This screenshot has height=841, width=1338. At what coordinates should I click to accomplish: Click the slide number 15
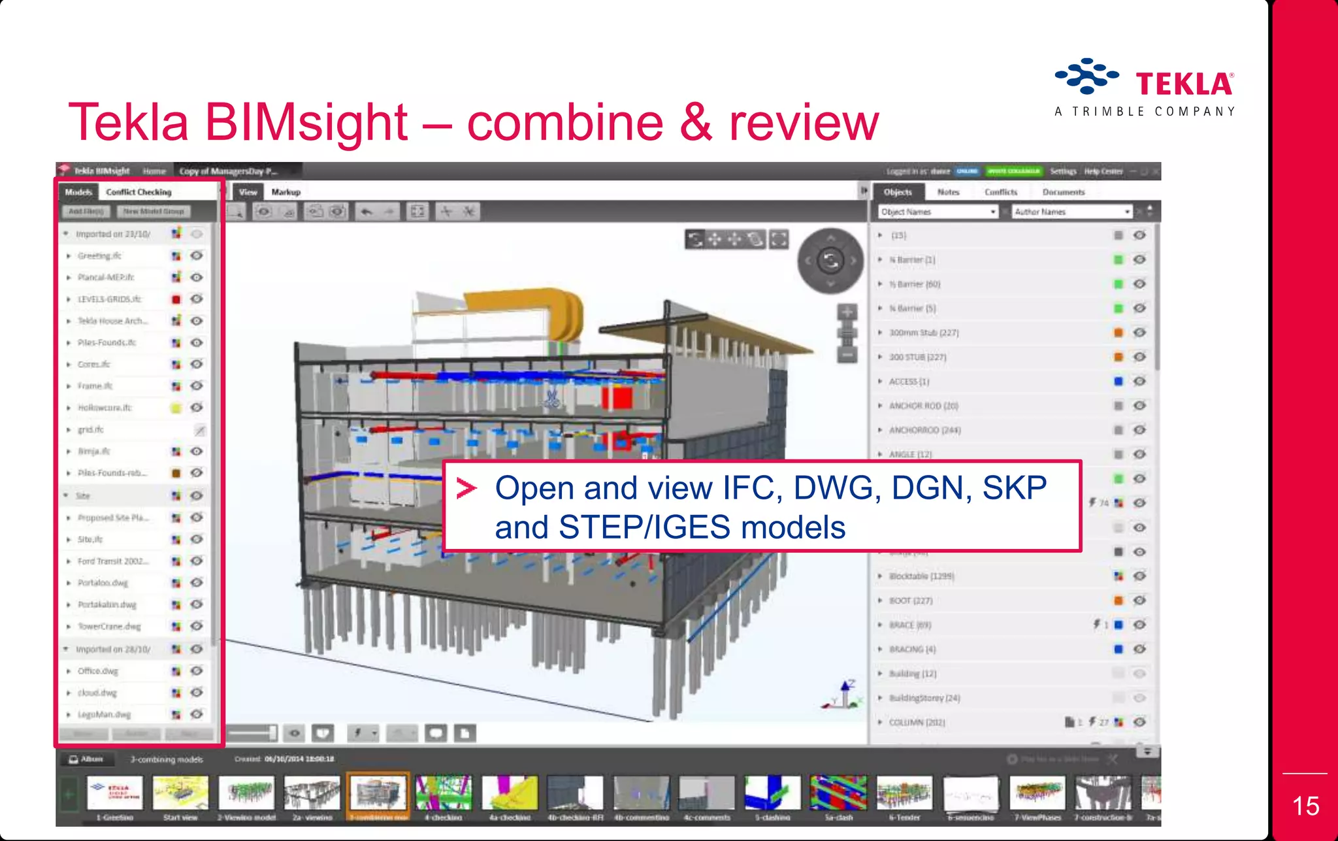[1305, 806]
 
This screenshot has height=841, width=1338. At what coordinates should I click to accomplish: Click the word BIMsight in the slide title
[306, 122]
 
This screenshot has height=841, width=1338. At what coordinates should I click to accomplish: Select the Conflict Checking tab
[139, 192]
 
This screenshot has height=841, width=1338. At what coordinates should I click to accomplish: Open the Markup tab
[286, 192]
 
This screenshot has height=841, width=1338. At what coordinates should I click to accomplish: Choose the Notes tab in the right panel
[948, 192]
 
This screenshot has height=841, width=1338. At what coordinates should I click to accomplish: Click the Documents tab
[1063, 192]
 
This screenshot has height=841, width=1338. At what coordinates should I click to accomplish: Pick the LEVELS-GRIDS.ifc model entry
[109, 299]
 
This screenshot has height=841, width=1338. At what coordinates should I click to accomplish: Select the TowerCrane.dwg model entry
[109, 627]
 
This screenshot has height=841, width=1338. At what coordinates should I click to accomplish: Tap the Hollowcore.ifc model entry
[105, 408]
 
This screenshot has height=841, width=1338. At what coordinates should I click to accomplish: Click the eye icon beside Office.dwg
[197, 671]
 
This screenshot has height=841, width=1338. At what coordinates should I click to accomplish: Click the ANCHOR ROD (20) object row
[923, 406]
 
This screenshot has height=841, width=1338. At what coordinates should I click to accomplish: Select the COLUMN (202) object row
[917, 723]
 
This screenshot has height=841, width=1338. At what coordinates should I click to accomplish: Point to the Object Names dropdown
[938, 212]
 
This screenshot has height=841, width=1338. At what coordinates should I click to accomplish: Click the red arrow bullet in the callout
[466, 488]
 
